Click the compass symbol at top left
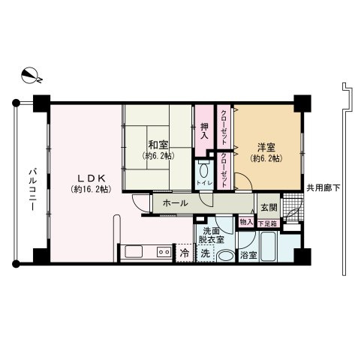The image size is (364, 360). click(x=31, y=75)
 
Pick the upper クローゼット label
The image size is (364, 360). click(x=224, y=127)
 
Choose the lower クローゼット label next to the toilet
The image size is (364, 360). click(x=224, y=172)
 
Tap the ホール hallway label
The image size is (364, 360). click(x=174, y=202)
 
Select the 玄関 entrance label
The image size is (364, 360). click(x=268, y=207)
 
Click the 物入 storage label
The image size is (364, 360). click(x=246, y=221)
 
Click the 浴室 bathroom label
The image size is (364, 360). click(x=248, y=255)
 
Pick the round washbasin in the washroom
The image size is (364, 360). click(x=224, y=254)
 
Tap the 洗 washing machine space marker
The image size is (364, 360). click(x=204, y=253)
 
